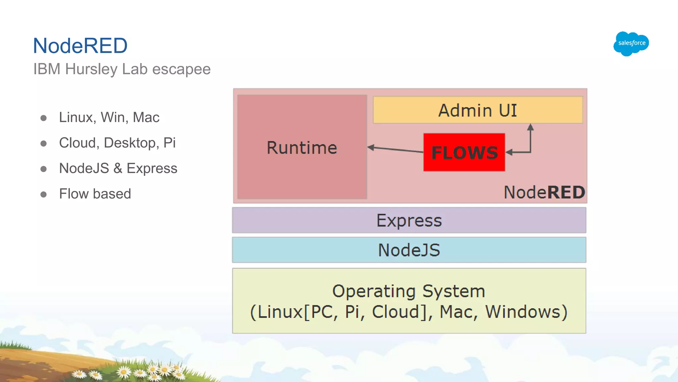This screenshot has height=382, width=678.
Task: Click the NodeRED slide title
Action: pyautogui.click(x=80, y=46)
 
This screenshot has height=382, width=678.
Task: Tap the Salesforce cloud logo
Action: pyautogui.click(x=631, y=43)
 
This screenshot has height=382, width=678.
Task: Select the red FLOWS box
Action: pyautogui.click(x=464, y=153)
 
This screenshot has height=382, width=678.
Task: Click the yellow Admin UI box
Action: pyautogui.click(x=477, y=110)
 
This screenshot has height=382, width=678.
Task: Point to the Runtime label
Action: pyautogui.click(x=302, y=148)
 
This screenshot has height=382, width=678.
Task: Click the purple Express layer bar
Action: pyautogui.click(x=409, y=221)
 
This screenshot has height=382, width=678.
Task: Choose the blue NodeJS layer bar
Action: pyautogui.click(x=409, y=250)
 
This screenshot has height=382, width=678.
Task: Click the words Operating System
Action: pyautogui.click(x=409, y=291)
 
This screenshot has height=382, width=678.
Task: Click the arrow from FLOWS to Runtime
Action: pyautogui.click(x=396, y=150)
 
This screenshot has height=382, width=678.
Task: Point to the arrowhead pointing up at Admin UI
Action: pyautogui.click(x=530, y=127)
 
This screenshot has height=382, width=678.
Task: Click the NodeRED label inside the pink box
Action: pyautogui.click(x=544, y=192)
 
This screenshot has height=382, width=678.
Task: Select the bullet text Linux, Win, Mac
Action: pyautogui.click(x=109, y=117)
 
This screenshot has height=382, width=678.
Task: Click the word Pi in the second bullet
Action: pyautogui.click(x=169, y=143)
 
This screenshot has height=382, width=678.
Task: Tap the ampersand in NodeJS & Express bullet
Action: pyautogui.click(x=118, y=168)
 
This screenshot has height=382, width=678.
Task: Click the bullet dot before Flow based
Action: pyautogui.click(x=43, y=194)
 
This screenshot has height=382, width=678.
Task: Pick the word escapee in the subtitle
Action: pyautogui.click(x=181, y=69)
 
